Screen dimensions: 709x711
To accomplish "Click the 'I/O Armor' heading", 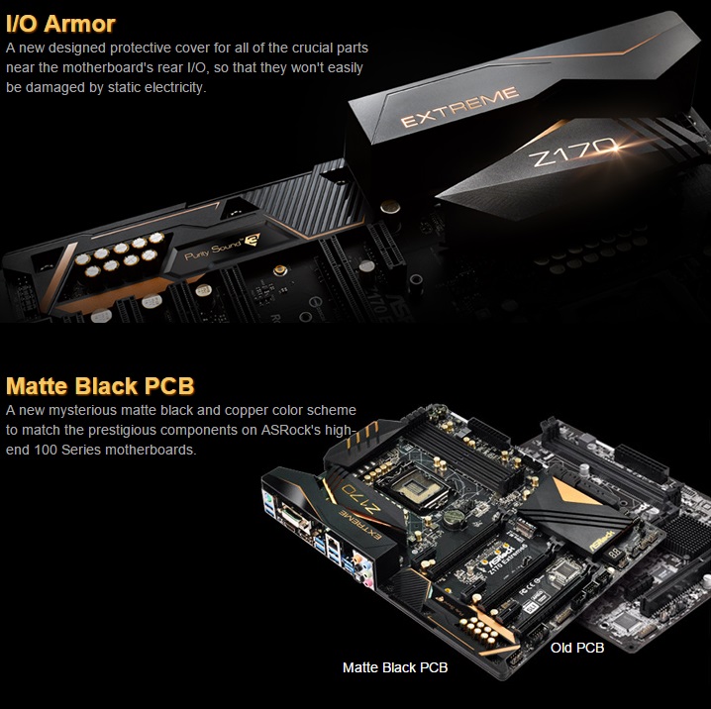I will pos(60,22).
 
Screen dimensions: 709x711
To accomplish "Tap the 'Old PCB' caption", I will pos(576,647).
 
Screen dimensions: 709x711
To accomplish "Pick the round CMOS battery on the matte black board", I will pos(458,517).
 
